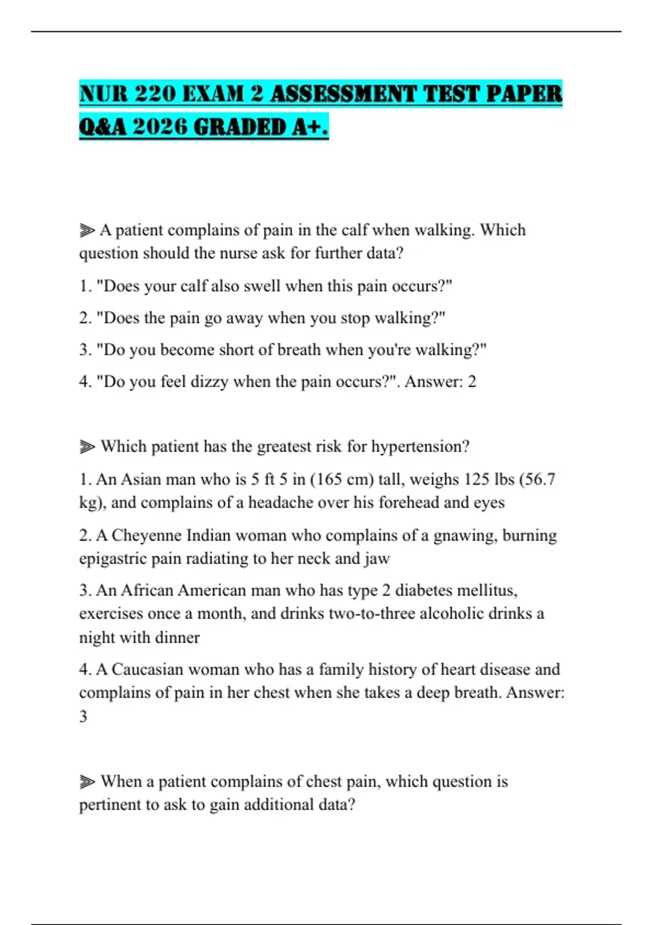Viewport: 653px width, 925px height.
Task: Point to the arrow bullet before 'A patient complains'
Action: [x=87, y=231]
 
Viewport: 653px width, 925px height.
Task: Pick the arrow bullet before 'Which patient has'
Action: [x=87, y=447]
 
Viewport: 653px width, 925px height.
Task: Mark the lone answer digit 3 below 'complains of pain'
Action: [x=83, y=716]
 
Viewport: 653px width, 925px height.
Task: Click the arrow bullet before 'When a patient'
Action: [x=87, y=782]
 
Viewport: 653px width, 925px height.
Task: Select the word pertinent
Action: [x=109, y=805]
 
